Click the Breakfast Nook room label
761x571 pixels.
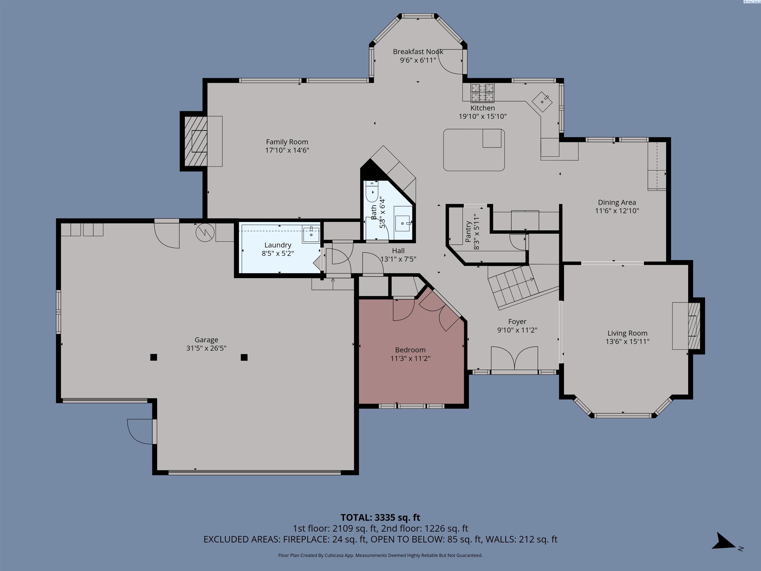pyautogui.click(x=418, y=52)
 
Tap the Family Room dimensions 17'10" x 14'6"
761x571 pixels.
pyautogui.click(x=287, y=150)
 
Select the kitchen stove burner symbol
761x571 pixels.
pyautogui.click(x=482, y=93)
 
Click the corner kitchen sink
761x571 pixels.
pyautogui.click(x=542, y=102)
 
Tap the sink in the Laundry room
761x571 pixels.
pyautogui.click(x=311, y=234)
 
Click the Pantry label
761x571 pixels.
pyautogui.click(x=468, y=232)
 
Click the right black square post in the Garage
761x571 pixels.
pyautogui.click(x=244, y=357)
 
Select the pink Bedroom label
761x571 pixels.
pyautogui.click(x=410, y=350)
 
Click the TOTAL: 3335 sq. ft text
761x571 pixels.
pyautogui.click(x=380, y=517)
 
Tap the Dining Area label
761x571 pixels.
pyautogui.click(x=617, y=202)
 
